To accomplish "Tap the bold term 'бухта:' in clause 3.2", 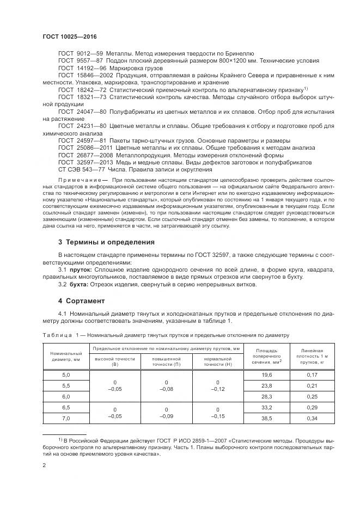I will (80, 284).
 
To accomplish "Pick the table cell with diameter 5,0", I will (66, 375).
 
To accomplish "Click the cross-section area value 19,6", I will (266, 375).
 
